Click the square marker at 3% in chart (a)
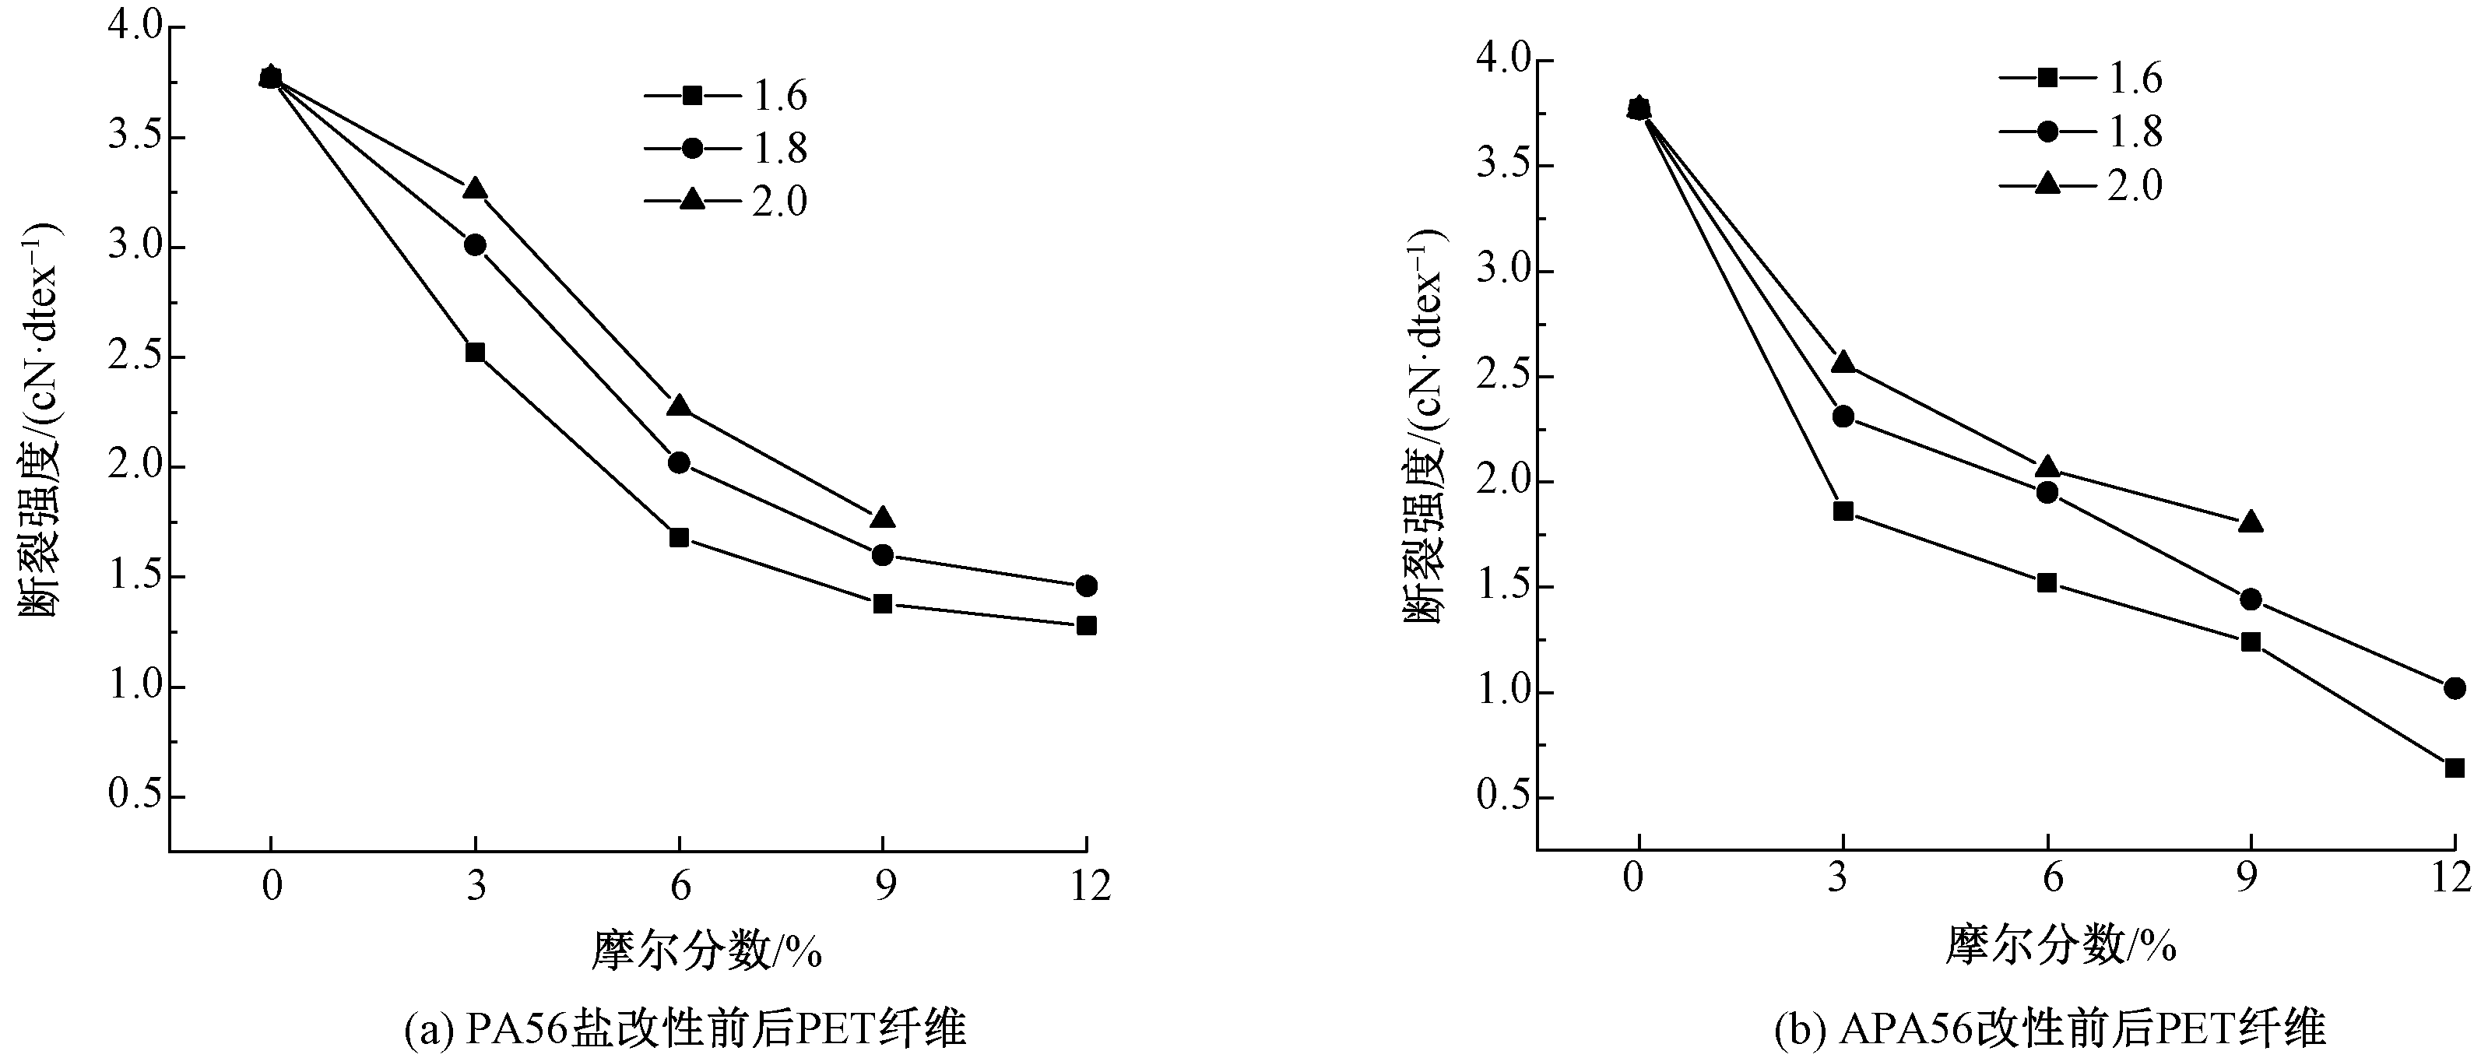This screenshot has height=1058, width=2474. (x=474, y=353)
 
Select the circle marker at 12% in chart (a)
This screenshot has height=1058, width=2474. (x=1086, y=585)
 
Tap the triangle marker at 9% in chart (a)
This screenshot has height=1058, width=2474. (x=883, y=518)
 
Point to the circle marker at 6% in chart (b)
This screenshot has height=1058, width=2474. (x=2047, y=493)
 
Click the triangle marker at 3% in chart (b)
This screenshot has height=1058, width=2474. (x=1843, y=362)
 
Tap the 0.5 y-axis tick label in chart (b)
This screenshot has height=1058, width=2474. (x=1502, y=798)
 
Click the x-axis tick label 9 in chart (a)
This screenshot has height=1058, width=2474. (x=884, y=885)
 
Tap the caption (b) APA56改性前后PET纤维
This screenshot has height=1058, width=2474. (x=2050, y=1029)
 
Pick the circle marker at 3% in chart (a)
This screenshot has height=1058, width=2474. (x=474, y=244)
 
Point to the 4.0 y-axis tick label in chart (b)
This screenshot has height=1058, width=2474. (x=1502, y=61)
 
